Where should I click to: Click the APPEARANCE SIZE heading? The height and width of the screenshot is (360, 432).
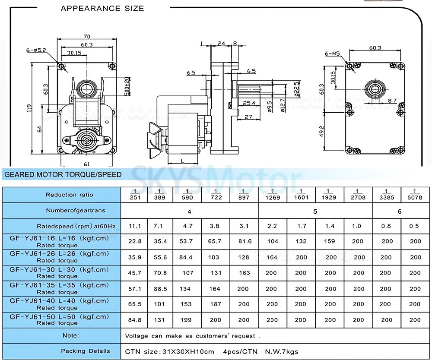102,8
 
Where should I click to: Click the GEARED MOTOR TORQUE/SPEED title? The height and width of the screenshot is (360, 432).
63,175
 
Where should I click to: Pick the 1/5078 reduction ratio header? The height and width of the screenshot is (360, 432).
415,194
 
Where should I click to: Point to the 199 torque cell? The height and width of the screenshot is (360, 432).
186,320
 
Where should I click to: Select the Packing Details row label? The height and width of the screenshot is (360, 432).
85,351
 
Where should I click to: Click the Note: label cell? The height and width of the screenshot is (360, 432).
70,335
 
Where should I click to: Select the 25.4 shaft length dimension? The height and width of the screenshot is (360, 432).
249,103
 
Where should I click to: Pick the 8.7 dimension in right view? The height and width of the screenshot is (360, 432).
392,100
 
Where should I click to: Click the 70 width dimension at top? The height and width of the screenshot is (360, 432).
86,37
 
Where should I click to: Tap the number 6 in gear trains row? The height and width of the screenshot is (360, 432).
400,211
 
